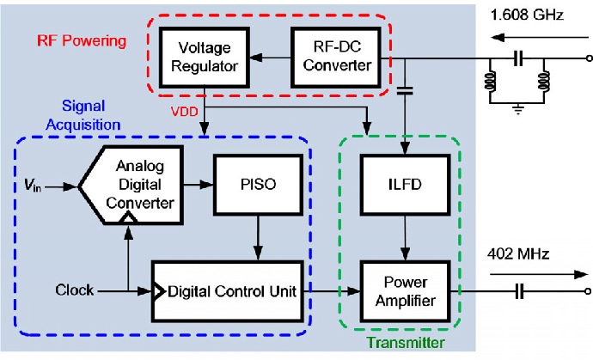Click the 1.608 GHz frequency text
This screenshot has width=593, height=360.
pos(524,14)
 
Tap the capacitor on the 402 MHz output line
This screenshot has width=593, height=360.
pos(518,292)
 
